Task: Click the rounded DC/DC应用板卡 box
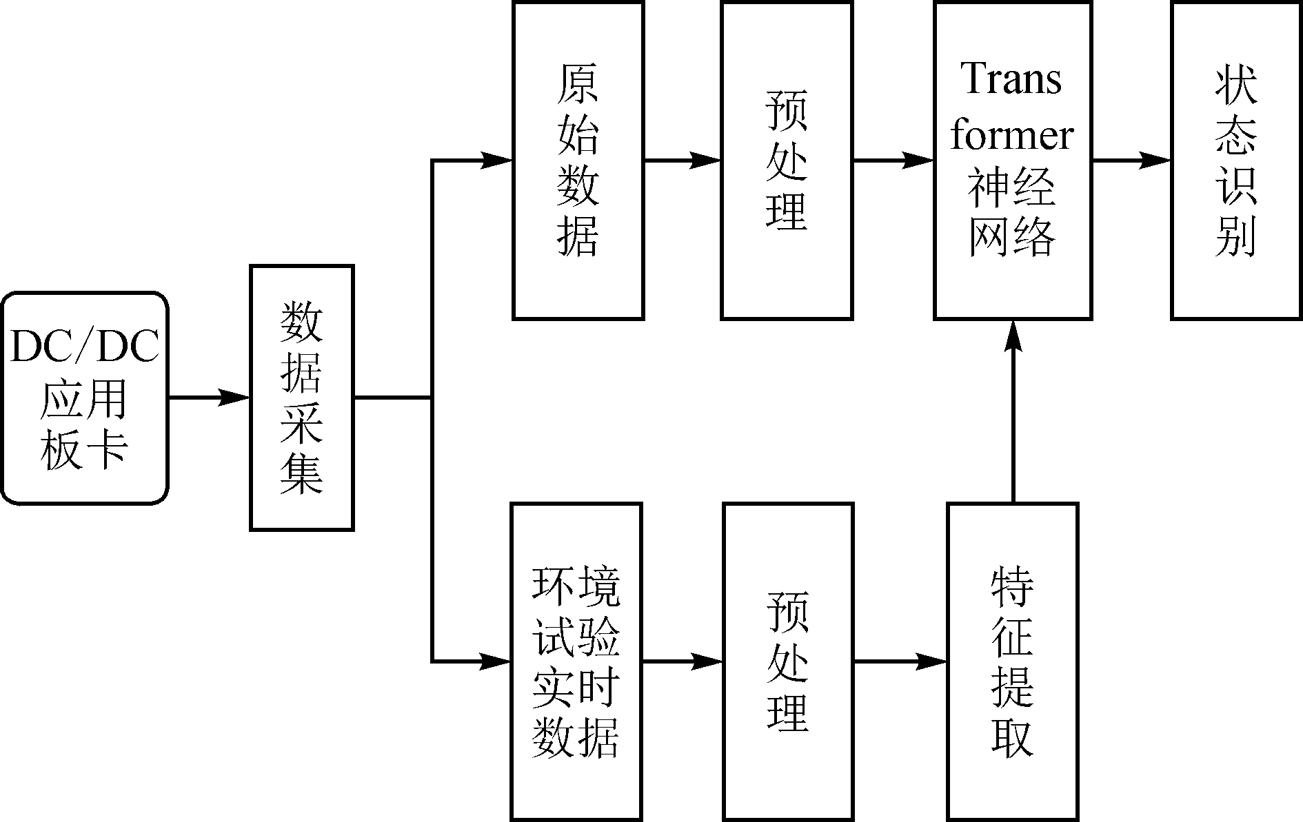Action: [x=84, y=398]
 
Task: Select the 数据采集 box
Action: [x=302, y=398]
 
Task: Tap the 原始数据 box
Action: [x=578, y=161]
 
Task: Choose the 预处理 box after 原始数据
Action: [x=787, y=161]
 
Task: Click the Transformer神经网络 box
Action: [x=1012, y=161]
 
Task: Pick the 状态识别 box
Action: [x=1236, y=161]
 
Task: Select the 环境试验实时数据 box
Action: [x=576, y=661]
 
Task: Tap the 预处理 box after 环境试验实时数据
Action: [x=787, y=661]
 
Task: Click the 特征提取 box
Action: [x=1012, y=661]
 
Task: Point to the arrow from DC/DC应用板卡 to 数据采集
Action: [x=208, y=398]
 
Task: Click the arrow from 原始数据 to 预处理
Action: [x=682, y=161]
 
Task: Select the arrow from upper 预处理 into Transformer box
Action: [x=893, y=161]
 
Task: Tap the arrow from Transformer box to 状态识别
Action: [x=1131, y=161]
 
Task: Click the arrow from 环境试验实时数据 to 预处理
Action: [x=682, y=661]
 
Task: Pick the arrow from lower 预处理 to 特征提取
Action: [x=900, y=661]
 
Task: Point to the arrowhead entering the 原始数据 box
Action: [x=496, y=161]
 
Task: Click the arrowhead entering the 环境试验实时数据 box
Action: [x=495, y=661]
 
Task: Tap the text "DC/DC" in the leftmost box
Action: [x=84, y=347]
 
